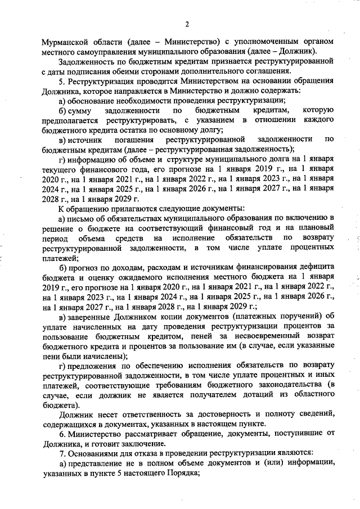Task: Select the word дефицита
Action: pos(317,266)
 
